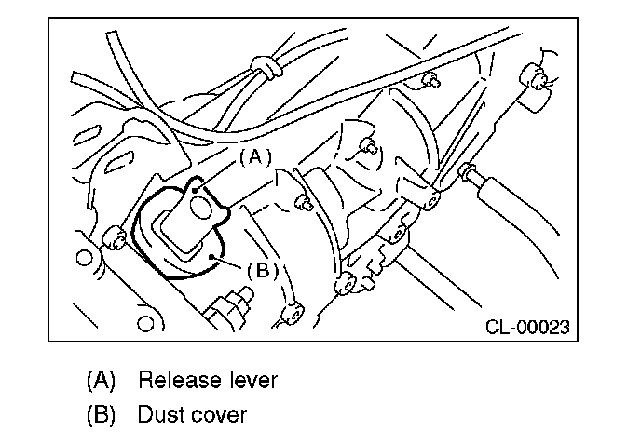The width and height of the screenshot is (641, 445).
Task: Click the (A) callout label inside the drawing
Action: point(254,157)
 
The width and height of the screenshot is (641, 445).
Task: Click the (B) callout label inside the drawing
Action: point(263,270)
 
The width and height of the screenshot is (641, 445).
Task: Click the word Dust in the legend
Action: point(158,413)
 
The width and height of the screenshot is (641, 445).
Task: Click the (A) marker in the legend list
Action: point(100,381)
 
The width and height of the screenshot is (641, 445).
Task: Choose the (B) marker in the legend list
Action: point(100,413)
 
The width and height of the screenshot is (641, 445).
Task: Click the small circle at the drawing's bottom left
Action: point(144,325)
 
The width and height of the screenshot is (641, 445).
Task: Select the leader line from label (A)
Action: point(224,169)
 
